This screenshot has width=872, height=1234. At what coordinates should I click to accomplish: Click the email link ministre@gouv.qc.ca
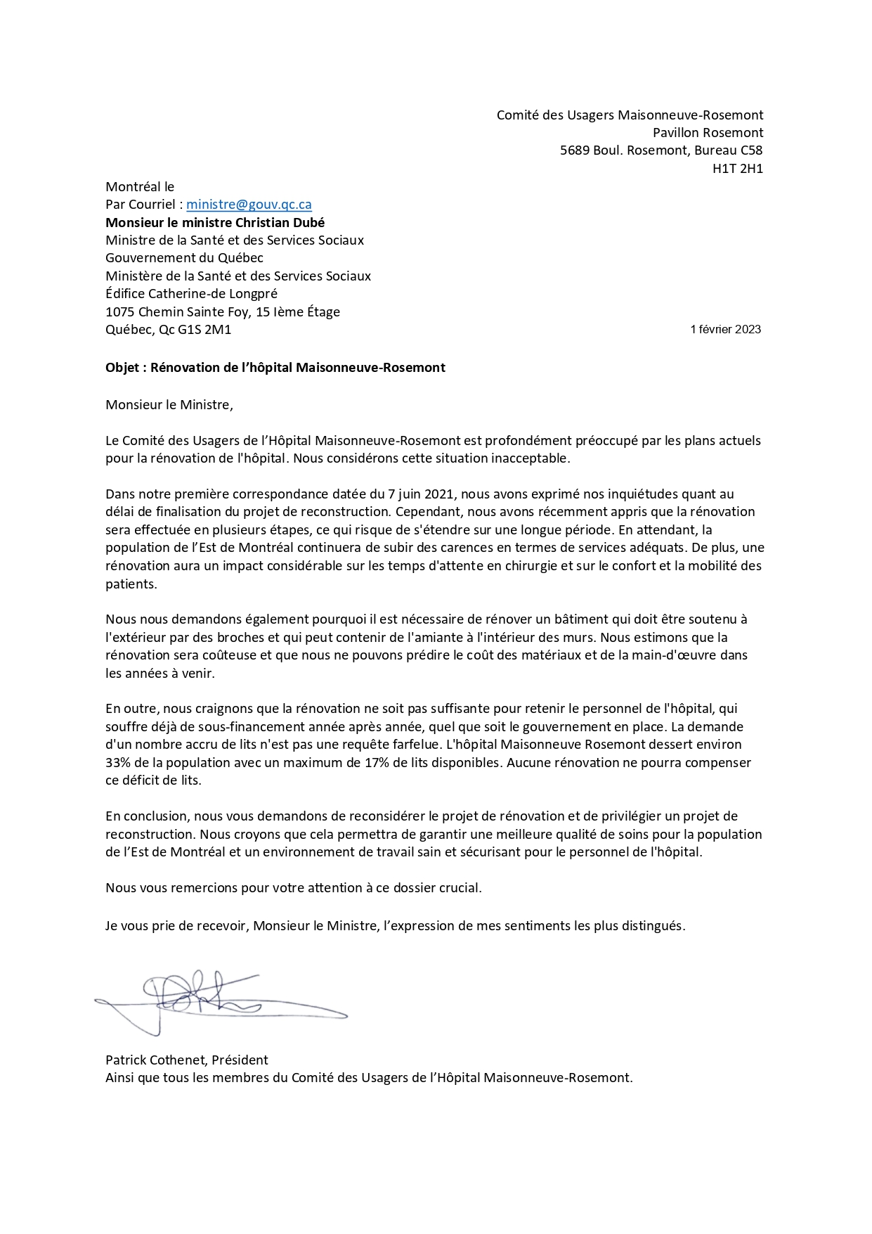coord(249,205)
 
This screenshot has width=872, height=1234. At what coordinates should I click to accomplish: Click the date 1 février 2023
coord(725,329)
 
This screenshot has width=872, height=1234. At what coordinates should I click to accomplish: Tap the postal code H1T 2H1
coord(737,169)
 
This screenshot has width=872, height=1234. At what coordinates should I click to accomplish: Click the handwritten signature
coord(211,998)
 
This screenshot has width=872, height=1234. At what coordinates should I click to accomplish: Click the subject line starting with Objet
coord(275,368)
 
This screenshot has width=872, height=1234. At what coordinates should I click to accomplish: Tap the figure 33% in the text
coord(119,763)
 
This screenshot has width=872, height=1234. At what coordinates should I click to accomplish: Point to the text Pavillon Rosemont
coord(708,133)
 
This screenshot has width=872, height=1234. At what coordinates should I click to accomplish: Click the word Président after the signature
coord(240,1060)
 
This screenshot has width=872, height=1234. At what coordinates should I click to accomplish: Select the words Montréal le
coord(139,187)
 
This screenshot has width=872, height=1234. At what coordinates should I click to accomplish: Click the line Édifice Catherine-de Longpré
coord(191,294)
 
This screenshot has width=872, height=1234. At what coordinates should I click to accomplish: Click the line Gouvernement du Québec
coord(184,258)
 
